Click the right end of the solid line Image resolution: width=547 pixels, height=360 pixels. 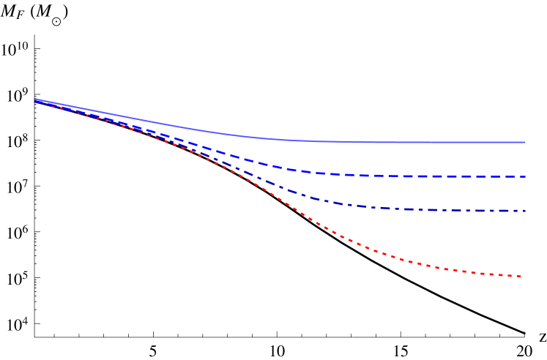525,142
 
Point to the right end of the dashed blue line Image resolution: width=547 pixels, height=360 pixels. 525,176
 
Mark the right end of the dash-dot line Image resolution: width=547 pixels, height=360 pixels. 525,211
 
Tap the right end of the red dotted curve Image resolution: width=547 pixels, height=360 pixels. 521,277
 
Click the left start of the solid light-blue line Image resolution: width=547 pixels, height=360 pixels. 35,99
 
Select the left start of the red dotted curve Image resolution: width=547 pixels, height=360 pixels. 35,102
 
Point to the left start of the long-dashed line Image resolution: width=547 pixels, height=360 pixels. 35,100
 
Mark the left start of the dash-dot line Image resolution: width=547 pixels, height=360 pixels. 35,101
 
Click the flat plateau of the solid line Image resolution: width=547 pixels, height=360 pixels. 439,142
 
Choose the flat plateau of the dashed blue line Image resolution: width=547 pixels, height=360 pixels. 439,176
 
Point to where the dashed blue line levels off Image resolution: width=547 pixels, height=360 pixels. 315,173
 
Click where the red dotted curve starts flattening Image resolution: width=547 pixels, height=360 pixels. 410,262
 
